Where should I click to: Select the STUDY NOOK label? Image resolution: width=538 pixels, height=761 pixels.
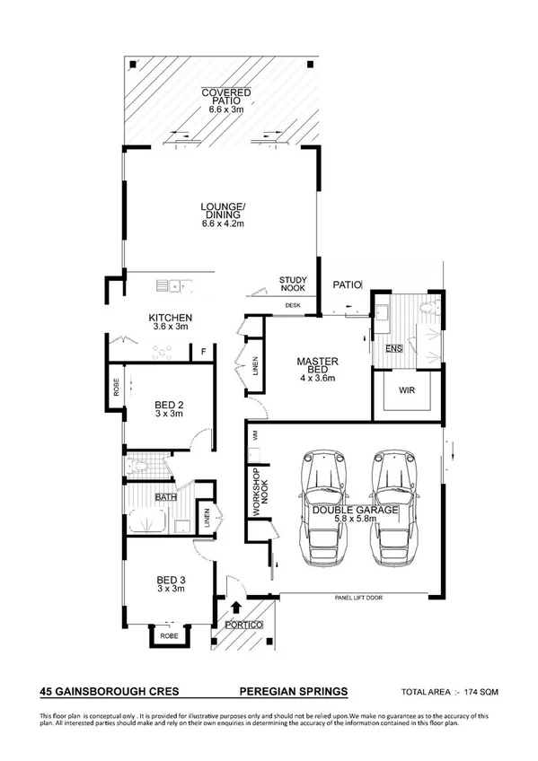293,284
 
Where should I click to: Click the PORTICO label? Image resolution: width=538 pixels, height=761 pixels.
243,624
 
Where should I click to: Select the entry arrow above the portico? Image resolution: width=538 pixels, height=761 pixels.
236,609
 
